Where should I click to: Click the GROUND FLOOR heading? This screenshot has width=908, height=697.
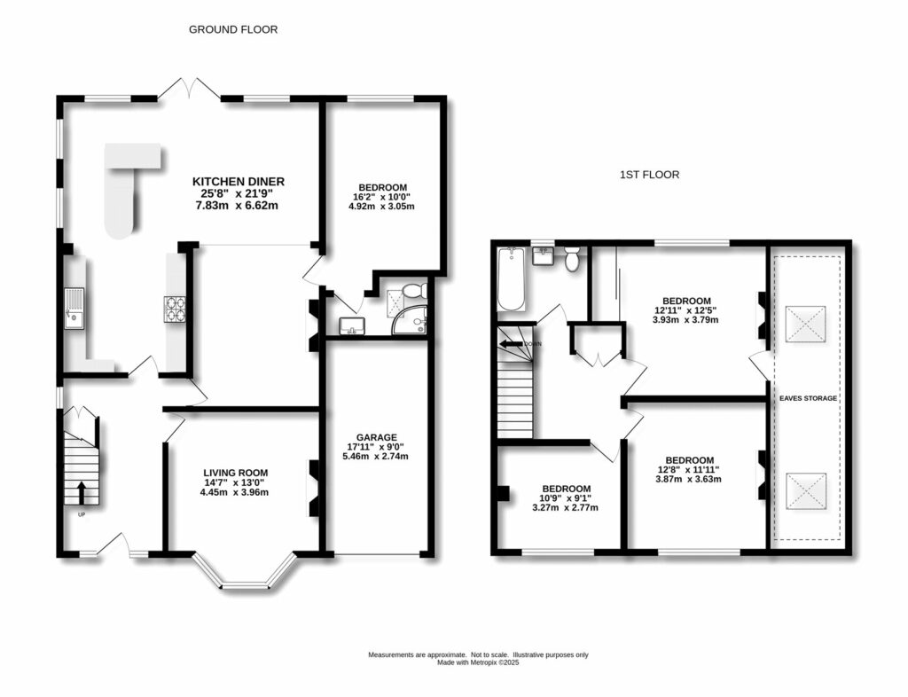point(233,29)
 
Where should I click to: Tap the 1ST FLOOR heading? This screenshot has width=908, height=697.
point(649,175)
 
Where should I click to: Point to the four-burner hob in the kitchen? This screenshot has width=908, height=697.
point(173,308)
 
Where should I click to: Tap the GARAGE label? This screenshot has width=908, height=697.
point(377,437)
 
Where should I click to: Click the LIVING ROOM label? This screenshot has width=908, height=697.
point(235,473)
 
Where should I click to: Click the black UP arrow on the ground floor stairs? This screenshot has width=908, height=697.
point(81,491)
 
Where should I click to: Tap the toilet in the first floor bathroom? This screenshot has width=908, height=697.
point(572,260)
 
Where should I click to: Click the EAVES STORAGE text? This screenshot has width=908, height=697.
point(808,399)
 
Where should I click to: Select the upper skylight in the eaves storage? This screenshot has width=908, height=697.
point(808,325)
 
